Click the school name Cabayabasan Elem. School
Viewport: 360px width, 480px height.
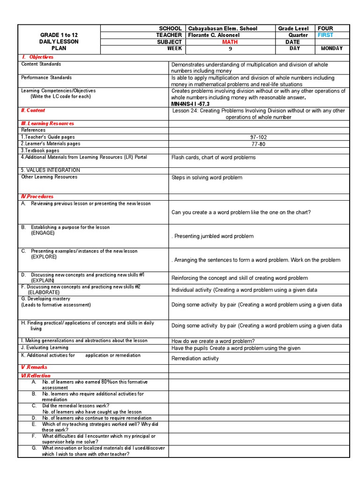click(x=223, y=29)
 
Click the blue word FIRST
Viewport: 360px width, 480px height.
click(x=325, y=35)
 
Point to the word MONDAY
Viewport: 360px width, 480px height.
click(x=331, y=48)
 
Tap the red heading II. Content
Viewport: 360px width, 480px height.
click(x=33, y=110)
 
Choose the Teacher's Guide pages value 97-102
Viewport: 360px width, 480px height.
click(x=259, y=137)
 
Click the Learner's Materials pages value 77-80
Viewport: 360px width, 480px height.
click(x=259, y=144)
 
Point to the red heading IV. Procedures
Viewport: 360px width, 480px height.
click(x=37, y=196)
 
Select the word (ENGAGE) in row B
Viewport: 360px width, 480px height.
click(x=43, y=233)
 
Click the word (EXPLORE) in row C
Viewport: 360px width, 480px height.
click(x=44, y=257)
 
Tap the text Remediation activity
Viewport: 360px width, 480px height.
click(x=195, y=358)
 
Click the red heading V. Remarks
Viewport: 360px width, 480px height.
click(x=34, y=367)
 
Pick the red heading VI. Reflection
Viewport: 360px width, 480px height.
click(x=36, y=375)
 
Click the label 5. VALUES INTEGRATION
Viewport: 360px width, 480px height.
click(x=51, y=170)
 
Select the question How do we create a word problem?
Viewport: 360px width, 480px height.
click(x=213, y=341)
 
